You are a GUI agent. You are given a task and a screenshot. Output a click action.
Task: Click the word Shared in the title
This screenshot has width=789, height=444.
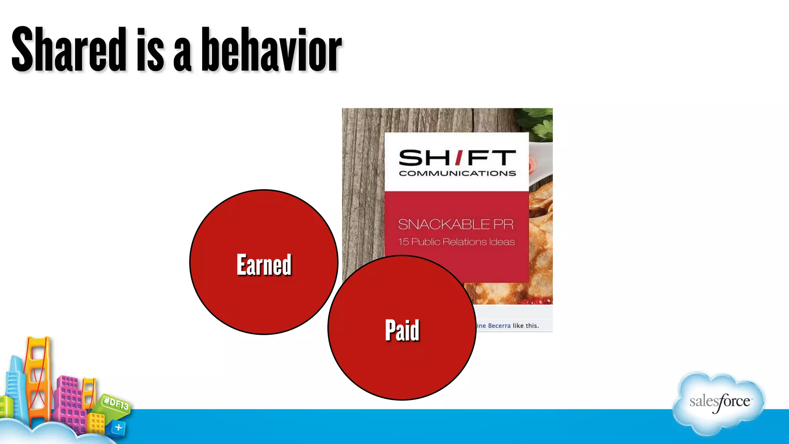coord(69,50)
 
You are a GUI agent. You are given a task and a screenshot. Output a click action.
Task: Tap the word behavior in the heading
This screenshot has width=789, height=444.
coord(272,50)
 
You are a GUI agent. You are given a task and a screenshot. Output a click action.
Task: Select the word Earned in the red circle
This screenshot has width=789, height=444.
coord(264,265)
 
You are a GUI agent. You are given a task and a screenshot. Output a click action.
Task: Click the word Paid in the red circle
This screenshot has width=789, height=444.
coord(402,331)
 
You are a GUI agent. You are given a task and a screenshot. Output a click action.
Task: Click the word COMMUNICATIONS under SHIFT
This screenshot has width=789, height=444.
coord(457,174)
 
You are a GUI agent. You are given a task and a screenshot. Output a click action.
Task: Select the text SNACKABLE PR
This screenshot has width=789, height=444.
coord(456,224)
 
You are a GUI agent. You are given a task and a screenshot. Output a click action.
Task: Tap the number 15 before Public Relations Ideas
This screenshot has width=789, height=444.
coord(403,242)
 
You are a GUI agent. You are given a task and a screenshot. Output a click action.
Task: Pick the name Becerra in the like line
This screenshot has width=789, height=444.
coord(499,326)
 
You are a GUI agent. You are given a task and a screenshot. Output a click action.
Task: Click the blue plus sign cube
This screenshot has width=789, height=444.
coord(118,428)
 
